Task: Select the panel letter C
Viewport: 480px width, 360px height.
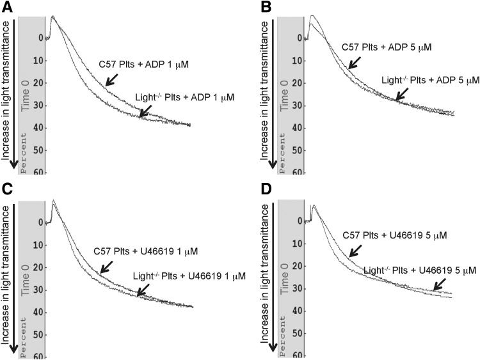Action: pyautogui.click(x=7, y=191)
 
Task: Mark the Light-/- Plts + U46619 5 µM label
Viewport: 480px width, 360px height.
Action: pyautogui.click(x=420, y=270)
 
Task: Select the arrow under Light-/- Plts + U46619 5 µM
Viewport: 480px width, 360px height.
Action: pyautogui.click(x=441, y=284)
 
